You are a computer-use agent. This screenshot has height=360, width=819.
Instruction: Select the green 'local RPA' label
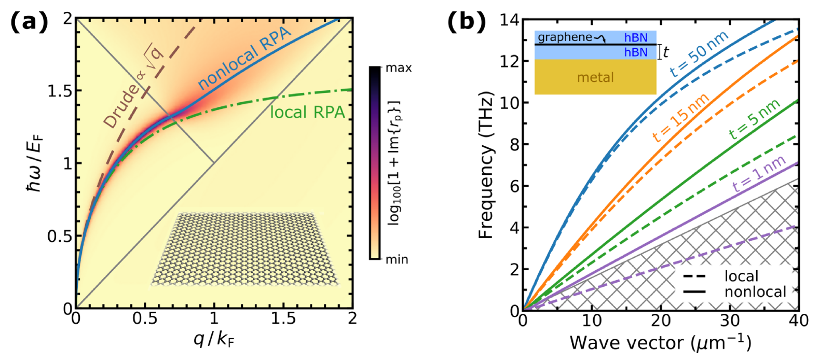(307, 113)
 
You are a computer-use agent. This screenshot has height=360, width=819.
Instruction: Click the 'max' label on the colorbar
(399, 68)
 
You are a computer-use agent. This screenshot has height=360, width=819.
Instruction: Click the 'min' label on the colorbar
(397, 259)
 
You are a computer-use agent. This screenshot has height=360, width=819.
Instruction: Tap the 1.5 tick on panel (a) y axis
(60, 91)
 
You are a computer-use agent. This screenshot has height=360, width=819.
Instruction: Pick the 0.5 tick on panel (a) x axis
(145, 318)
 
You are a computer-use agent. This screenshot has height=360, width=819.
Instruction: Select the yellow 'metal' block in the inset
(595, 77)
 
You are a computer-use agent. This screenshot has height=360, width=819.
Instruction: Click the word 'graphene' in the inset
(565, 37)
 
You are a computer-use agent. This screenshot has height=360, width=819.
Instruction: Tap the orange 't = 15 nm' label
(680, 118)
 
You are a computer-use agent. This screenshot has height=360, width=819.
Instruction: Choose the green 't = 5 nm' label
(754, 119)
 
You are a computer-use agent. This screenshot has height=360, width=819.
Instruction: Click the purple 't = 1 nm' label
(758, 173)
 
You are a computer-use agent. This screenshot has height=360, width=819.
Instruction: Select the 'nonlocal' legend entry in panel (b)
(755, 292)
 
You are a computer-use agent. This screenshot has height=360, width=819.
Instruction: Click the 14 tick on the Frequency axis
(509, 20)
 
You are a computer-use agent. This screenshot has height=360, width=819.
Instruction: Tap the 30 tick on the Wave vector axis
(730, 321)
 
